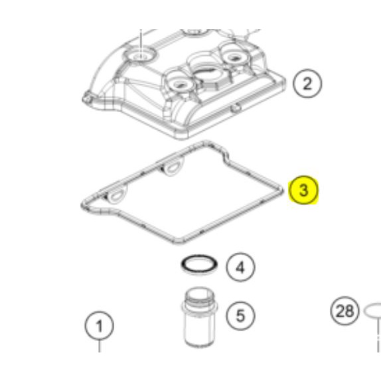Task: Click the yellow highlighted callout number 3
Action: coord(303,190)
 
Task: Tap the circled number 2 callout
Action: coord(307,84)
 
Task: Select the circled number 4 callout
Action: coord(240,267)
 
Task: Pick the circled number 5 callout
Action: coord(240,316)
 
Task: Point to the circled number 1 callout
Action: coord(99,326)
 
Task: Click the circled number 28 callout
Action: coord(344,311)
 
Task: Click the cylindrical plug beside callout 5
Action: coord(199,317)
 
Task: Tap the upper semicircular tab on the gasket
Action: coord(172,166)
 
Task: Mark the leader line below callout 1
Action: coord(99,346)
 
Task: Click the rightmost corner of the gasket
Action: coord(282,190)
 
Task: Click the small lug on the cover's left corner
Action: coord(87,98)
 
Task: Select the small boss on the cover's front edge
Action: coord(235,108)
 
